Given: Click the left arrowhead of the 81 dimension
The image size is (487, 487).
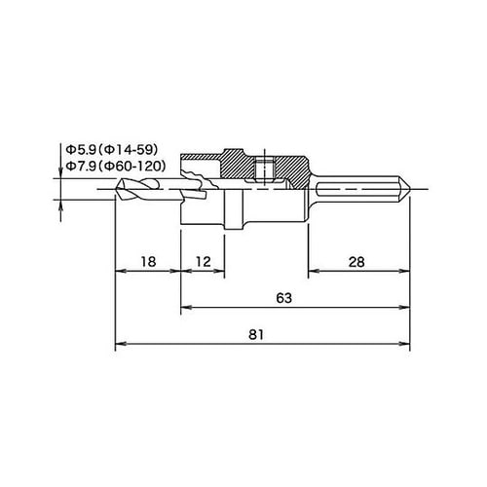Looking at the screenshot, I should click(120, 344).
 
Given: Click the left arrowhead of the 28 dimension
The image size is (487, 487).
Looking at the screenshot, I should click(312, 270).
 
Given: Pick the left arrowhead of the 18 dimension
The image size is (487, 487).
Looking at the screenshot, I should click(120, 270).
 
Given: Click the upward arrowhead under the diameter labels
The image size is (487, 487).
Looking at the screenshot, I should click(63, 203).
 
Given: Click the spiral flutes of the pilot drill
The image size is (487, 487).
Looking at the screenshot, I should click(146, 189).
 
